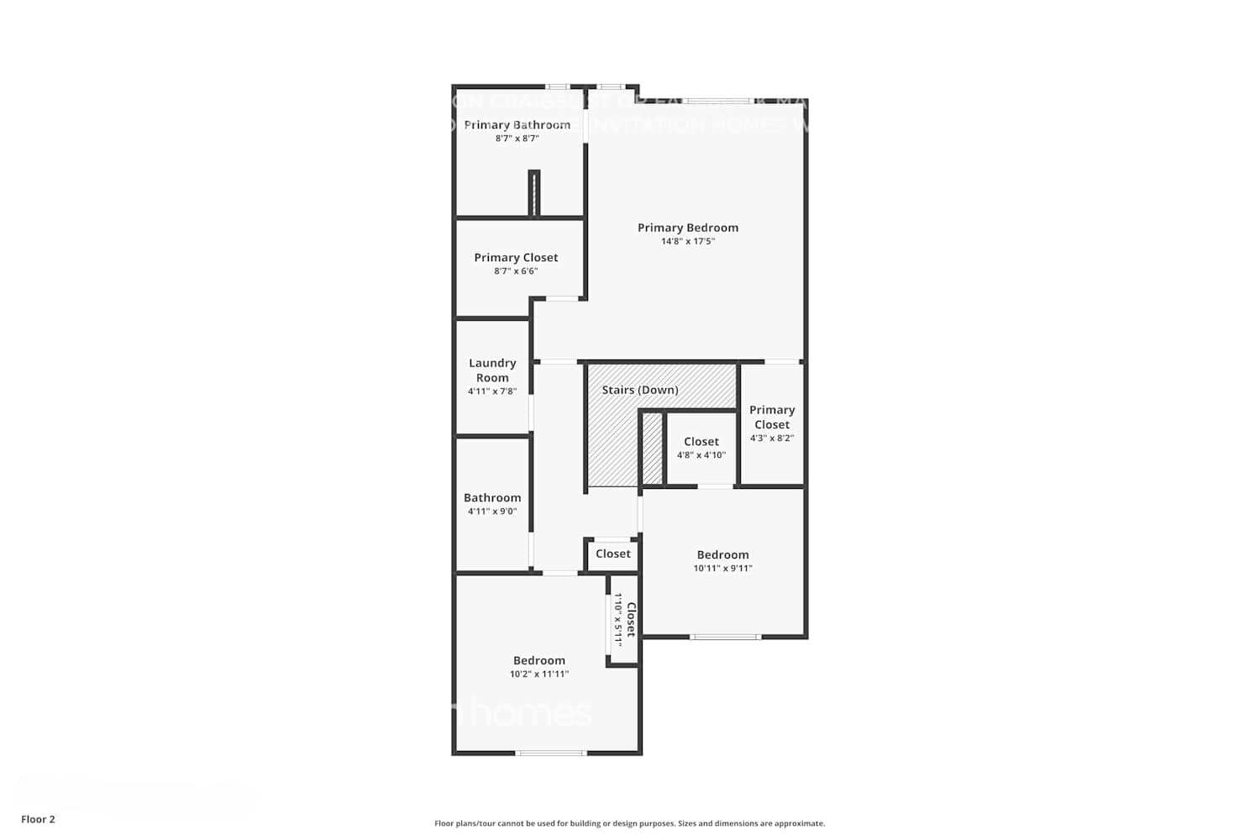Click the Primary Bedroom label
coord(687,228)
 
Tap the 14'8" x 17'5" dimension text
coord(687,242)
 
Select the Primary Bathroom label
coord(517,125)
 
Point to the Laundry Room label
coord(492,370)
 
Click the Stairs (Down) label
coord(640,390)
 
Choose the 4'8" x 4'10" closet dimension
coord(701,455)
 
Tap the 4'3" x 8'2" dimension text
coord(771,438)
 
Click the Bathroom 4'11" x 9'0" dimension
coord(492,512)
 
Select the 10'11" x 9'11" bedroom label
coord(722,569)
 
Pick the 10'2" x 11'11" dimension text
coord(538,675)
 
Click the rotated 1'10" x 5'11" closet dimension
coord(618,620)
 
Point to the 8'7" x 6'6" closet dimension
coord(516,271)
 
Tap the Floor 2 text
coord(38,820)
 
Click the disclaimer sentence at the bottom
coord(629,824)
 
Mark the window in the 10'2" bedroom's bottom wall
coord(551,753)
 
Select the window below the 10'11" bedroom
coord(726,637)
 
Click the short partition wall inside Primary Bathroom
coord(533,193)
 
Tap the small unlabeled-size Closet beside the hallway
coord(612,554)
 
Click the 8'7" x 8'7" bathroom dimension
coord(517,139)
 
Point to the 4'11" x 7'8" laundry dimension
coord(492,391)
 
